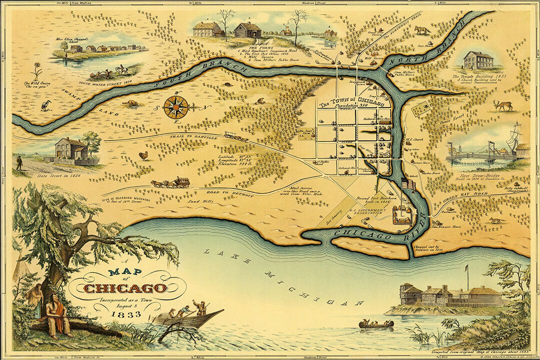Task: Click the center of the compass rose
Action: [178, 105]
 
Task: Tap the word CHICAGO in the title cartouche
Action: [124, 288]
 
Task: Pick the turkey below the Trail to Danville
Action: [144, 155]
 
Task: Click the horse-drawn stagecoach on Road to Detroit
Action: [171, 182]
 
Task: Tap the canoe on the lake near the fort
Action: [376, 324]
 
